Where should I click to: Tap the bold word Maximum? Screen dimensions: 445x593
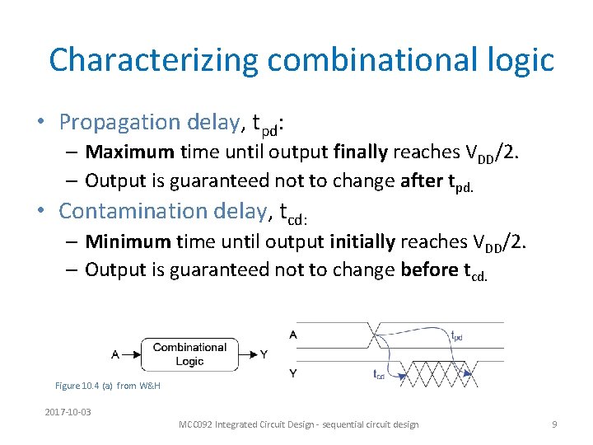coord(129,152)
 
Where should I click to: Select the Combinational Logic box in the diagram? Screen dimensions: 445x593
coord(189,354)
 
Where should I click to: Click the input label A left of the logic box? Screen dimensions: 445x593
coord(115,354)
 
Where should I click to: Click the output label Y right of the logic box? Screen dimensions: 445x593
coord(264,354)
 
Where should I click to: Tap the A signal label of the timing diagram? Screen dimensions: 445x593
coord(294,335)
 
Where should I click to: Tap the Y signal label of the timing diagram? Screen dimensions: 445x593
coord(294,373)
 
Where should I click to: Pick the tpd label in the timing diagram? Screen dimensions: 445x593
coord(456,335)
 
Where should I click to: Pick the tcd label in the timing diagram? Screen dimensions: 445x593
coord(379,376)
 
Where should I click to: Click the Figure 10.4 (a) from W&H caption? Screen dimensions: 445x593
coord(107,386)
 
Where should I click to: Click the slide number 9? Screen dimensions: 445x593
coord(554,424)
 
